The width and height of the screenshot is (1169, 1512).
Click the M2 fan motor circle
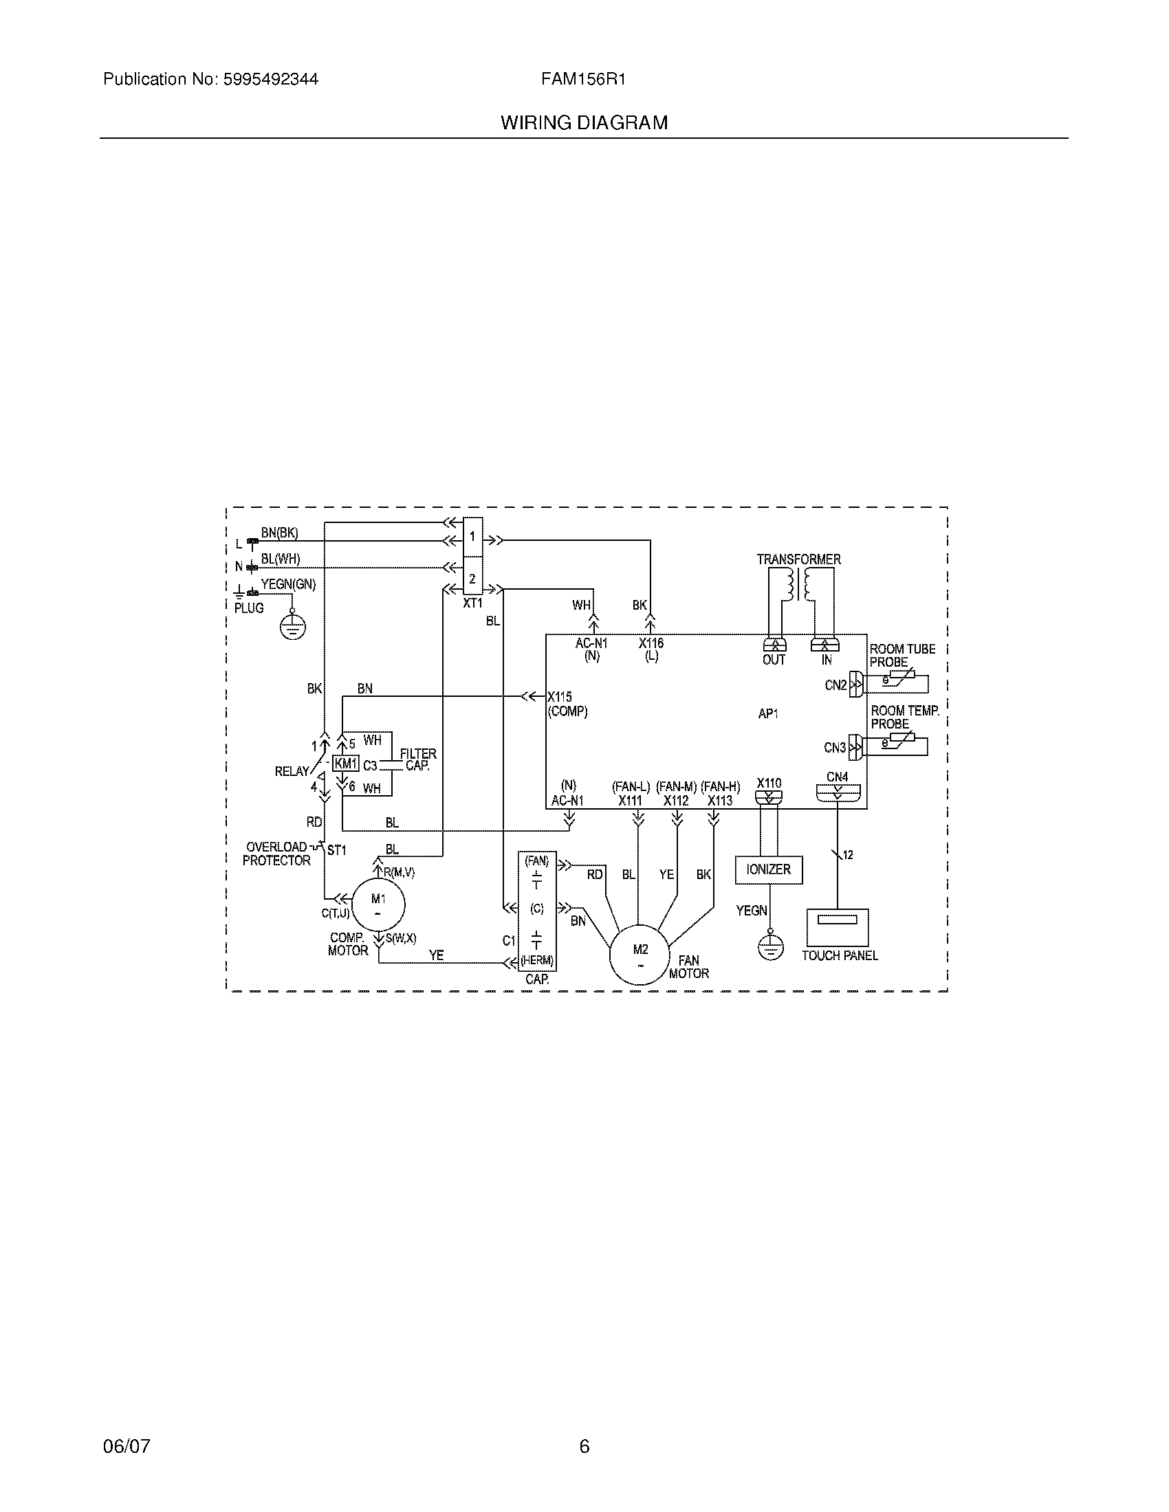coord(640,954)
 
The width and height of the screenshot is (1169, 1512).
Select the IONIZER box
coord(768,869)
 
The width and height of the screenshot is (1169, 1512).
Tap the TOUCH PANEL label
coord(840,955)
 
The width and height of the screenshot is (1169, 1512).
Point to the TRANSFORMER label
coord(798,559)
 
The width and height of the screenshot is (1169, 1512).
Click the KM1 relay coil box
coord(346,764)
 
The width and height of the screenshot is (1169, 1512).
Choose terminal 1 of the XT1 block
coord(472,537)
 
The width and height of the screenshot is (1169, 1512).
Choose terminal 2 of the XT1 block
coord(472,578)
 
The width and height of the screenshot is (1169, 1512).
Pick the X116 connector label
coord(651,643)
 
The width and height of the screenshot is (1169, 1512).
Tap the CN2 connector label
coord(835,685)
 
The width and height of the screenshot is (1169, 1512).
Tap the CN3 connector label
coord(835,748)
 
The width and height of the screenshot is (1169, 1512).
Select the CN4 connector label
coord(837,777)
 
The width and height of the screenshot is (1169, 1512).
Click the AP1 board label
coord(768,714)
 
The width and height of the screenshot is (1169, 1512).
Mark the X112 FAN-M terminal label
coord(676,801)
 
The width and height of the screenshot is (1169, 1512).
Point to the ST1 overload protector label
coord(336,850)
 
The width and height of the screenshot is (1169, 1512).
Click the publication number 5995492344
coord(270,80)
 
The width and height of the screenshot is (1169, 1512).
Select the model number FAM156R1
coord(583,80)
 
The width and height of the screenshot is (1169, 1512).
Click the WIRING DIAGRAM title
coord(584,123)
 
